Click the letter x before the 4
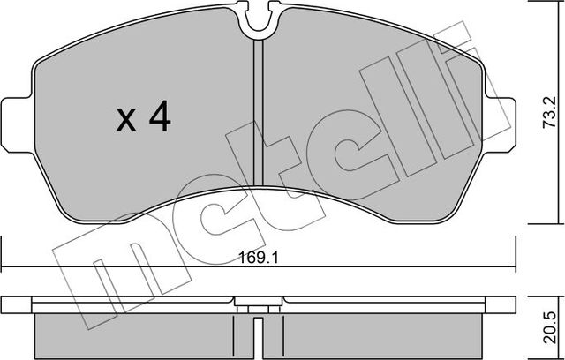coord(127,121)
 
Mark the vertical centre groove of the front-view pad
coord(258,115)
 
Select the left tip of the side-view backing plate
coord(4,303)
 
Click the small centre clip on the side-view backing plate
coord(257,305)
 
